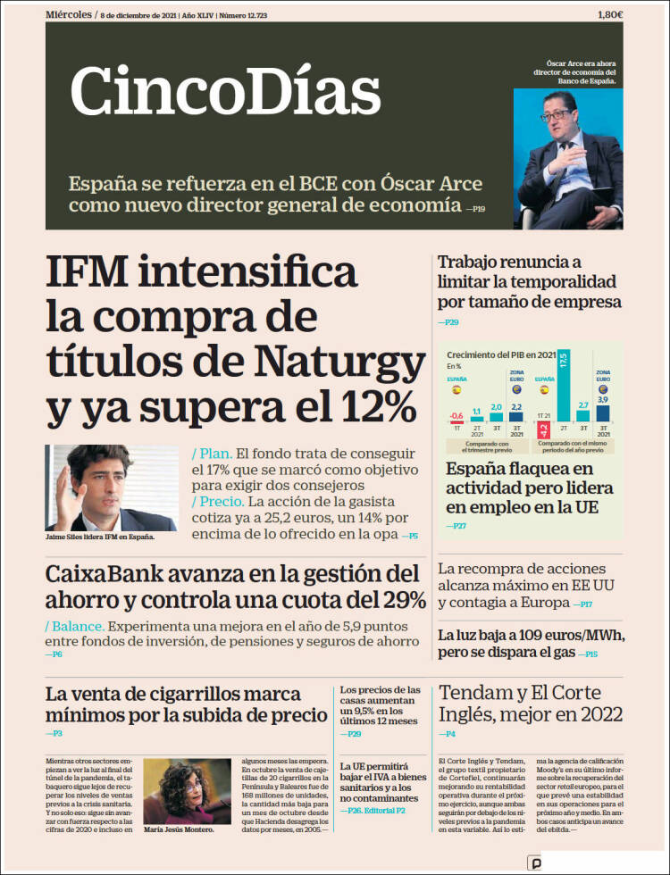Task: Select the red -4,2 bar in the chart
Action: coord(543,430)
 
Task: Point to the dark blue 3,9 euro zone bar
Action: coord(603,412)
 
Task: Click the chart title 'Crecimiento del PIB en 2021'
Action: coord(500,354)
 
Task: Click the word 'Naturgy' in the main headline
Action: coord(339,362)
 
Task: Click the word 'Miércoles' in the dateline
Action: coord(68,14)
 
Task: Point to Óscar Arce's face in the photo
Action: coord(564,115)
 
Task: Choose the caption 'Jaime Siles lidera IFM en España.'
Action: coord(99,537)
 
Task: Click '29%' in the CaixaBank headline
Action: coord(401,598)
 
